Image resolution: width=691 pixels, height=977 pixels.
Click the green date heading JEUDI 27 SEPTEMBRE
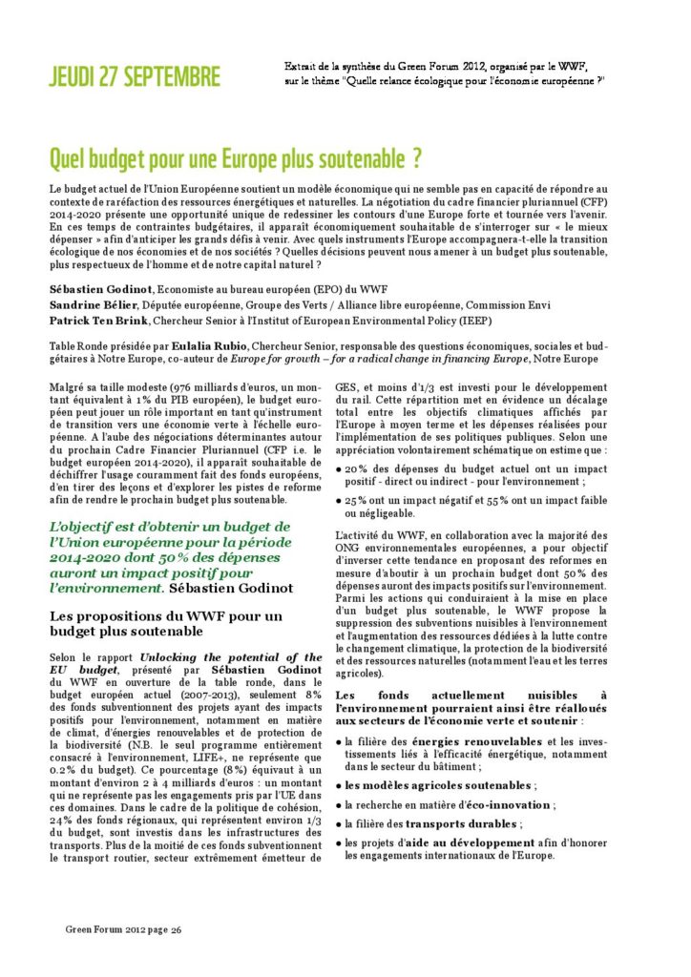[135, 77]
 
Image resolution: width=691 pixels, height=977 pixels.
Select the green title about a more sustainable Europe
[236, 156]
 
